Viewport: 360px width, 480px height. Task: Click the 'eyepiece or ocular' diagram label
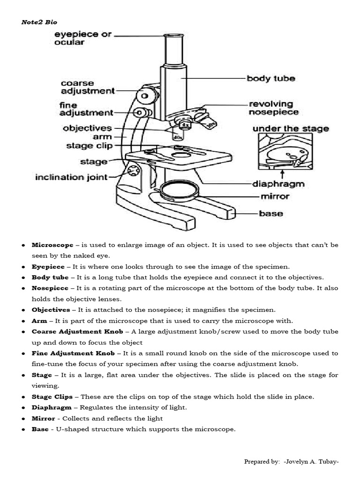(82, 38)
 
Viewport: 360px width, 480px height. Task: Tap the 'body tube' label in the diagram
(270, 78)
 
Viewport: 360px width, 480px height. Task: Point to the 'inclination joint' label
(71, 177)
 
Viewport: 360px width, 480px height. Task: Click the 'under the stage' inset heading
(291, 128)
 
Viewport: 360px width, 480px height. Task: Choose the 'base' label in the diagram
(271, 213)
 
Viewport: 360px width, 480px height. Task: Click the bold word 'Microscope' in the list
(52, 245)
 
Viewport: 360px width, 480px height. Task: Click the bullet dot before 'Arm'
(23, 321)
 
